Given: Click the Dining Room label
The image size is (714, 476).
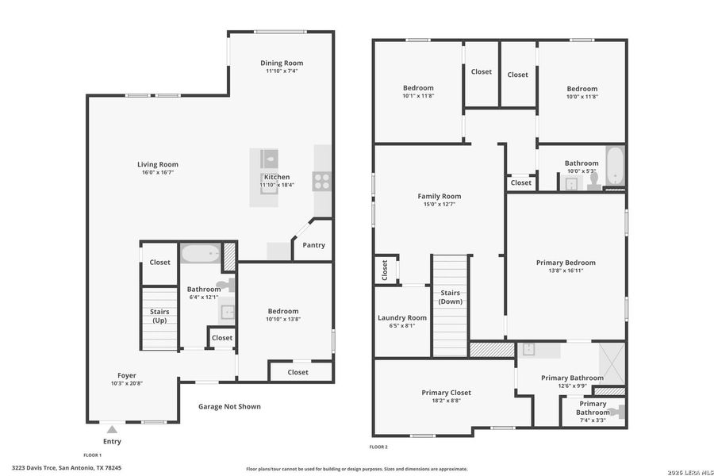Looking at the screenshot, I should tap(282, 63).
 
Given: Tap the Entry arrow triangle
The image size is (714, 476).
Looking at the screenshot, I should tap(112, 429).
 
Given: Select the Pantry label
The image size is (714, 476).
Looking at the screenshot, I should tap(313, 245).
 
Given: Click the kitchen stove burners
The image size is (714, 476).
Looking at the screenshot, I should tap(321, 181).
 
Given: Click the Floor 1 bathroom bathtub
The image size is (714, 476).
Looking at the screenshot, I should tap(200, 254).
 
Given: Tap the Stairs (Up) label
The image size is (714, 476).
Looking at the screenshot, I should tap(159, 316).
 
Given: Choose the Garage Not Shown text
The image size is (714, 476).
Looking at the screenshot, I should tap(229, 407).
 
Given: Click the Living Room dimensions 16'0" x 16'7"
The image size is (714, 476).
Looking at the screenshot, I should tap(157, 172).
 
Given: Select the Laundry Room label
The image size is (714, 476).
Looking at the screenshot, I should tap(402, 317).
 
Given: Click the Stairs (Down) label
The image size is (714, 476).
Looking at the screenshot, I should tap(451, 297).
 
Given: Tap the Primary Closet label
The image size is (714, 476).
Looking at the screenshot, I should tap(446, 393).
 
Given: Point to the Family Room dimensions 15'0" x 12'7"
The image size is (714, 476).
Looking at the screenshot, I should tap(439, 204).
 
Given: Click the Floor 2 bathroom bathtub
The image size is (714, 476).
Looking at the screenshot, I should tap(615, 164).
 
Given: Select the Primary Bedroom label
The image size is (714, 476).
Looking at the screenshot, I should tap(566, 263).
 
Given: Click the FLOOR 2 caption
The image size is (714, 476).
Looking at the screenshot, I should tap(378, 447).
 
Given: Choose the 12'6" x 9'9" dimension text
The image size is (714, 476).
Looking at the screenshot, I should tap(572, 386).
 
